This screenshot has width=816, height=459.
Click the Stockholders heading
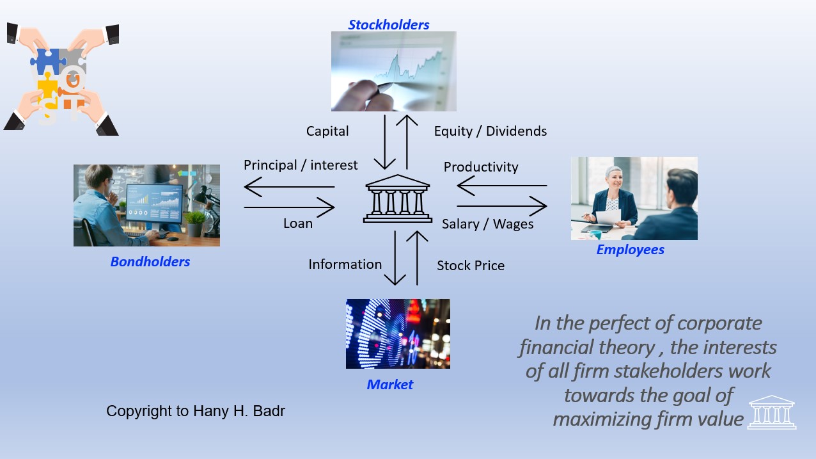[x=389, y=25]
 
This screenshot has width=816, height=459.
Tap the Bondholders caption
[x=150, y=262]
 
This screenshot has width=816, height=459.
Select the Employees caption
[x=630, y=250]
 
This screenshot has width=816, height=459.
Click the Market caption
[x=390, y=385]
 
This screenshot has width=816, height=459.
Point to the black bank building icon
[x=397, y=198]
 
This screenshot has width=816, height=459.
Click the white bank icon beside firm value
[x=772, y=412]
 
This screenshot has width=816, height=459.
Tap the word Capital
[x=327, y=131]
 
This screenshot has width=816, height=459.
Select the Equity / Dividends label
[x=490, y=131]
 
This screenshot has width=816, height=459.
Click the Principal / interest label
[x=301, y=165]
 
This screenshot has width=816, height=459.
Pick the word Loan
[x=298, y=223]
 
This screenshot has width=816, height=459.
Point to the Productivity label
[x=481, y=167]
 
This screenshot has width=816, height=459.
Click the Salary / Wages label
[x=488, y=224]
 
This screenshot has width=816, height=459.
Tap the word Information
[x=345, y=264]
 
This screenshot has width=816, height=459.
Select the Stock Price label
[x=471, y=266]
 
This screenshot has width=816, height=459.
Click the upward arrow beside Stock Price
[x=417, y=258]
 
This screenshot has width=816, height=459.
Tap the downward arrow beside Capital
[x=385, y=142]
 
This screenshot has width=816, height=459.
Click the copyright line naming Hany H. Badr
[x=196, y=411]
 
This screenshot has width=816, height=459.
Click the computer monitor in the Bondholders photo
[x=155, y=204]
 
